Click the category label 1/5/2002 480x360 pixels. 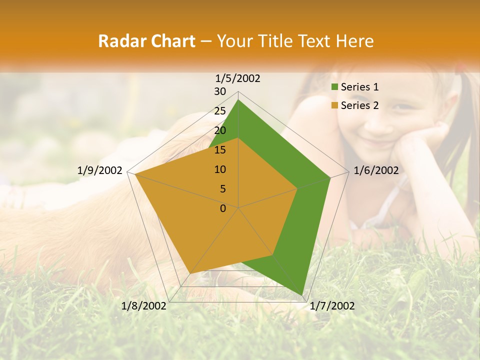tap(238, 78)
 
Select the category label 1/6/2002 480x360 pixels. tap(376, 170)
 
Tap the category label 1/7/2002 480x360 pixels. tap(332, 306)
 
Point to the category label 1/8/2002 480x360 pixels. tap(144, 306)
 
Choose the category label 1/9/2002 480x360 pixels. tap(100, 170)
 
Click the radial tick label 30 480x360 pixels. tap(220, 91)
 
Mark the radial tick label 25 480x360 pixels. tap(220, 111)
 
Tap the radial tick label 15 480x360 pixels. tap(220, 150)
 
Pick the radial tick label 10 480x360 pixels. tap(220, 169)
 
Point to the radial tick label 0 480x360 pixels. tap(223, 208)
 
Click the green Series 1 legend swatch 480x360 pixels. tap(335, 87)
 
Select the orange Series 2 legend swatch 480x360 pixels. tap(335, 105)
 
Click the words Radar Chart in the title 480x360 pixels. tap(146, 41)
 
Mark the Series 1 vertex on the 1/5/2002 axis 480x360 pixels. tap(238, 99)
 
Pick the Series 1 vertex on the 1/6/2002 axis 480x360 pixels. tap(330, 177)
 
